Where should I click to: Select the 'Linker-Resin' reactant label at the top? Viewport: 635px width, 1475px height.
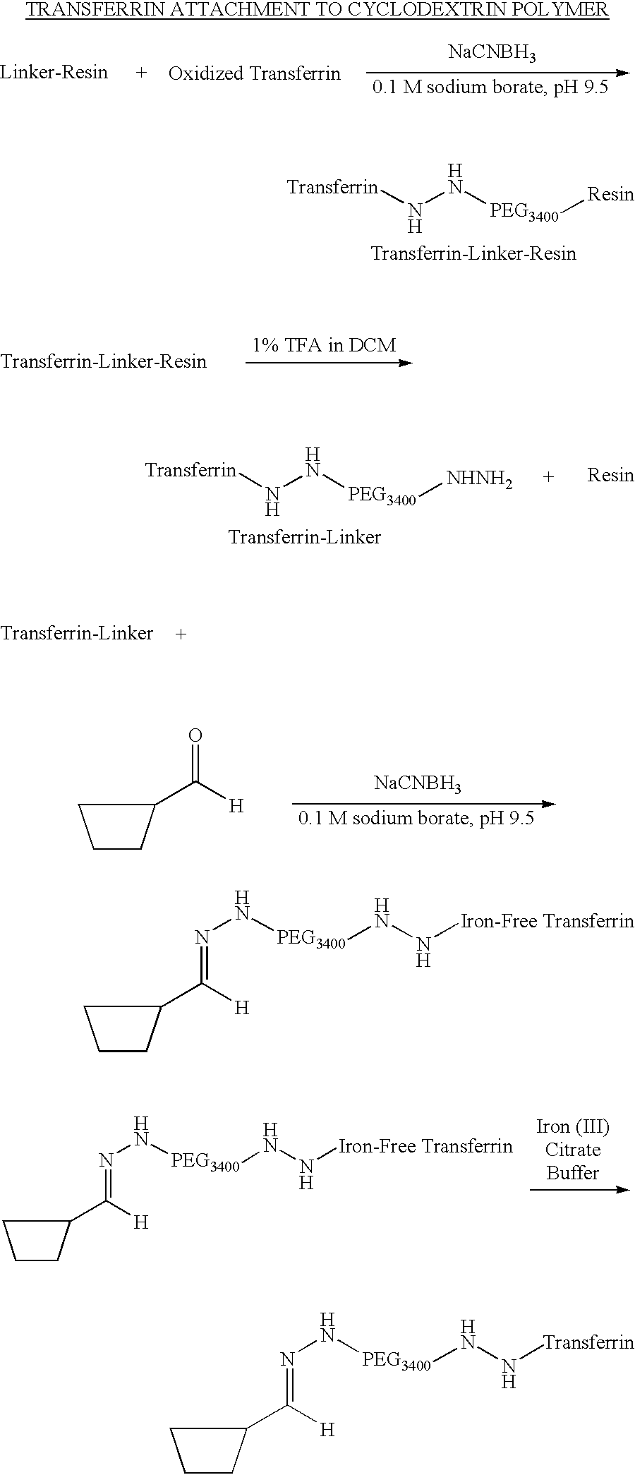54,72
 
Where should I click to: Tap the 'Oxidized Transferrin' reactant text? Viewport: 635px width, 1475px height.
255,73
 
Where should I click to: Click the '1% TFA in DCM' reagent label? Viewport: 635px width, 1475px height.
325,345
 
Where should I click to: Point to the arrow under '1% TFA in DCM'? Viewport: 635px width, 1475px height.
329,363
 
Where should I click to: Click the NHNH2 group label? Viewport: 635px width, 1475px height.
479,481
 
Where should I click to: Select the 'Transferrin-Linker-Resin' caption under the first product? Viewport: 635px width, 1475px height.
473,253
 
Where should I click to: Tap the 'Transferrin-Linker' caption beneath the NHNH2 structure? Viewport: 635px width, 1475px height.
304,537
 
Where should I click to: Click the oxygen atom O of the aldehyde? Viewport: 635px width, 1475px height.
195,735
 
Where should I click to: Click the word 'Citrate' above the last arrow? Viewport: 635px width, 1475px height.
573,1149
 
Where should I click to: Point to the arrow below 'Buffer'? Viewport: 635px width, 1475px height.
579,1189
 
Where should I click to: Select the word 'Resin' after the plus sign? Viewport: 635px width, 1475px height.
611,475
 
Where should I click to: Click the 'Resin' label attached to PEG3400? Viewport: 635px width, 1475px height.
611,194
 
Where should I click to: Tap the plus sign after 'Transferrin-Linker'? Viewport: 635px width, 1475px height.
181,634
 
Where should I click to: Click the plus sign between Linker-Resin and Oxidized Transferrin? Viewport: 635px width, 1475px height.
141,73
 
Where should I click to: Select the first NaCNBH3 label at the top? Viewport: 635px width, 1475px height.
492,54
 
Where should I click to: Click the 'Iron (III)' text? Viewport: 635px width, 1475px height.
573,1126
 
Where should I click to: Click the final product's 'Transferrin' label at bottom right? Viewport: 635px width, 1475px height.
589,1342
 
